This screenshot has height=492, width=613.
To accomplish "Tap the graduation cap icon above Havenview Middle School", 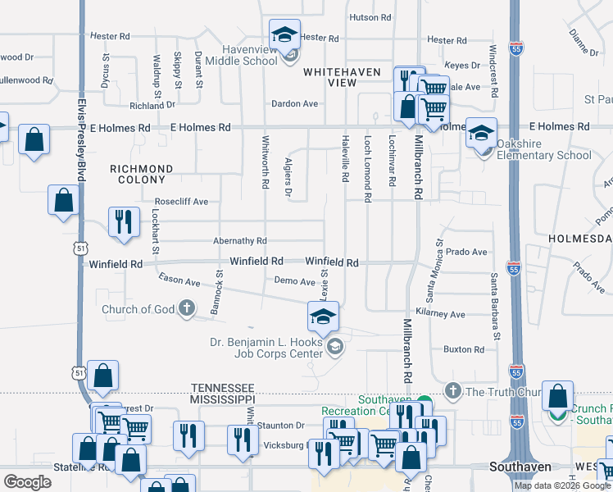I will [284, 35].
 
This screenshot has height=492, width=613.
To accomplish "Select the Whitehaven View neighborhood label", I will [342, 77].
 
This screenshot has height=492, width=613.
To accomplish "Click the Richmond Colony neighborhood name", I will [141, 175].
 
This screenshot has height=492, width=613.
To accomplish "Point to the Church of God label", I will [138, 309].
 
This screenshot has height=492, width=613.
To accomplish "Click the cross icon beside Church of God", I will [187, 309].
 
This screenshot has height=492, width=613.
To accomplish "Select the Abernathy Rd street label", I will [239, 241].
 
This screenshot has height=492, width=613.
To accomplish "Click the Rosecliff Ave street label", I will [181, 201].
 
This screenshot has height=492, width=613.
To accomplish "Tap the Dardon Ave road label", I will [294, 104].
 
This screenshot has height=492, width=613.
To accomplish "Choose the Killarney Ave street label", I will [440, 314].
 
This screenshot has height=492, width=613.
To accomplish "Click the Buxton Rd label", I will [463, 349].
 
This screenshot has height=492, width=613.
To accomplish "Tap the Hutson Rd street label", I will [370, 17].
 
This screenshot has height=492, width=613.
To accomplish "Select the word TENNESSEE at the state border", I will [223, 387].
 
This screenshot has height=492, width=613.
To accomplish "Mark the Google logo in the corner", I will [27, 481].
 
